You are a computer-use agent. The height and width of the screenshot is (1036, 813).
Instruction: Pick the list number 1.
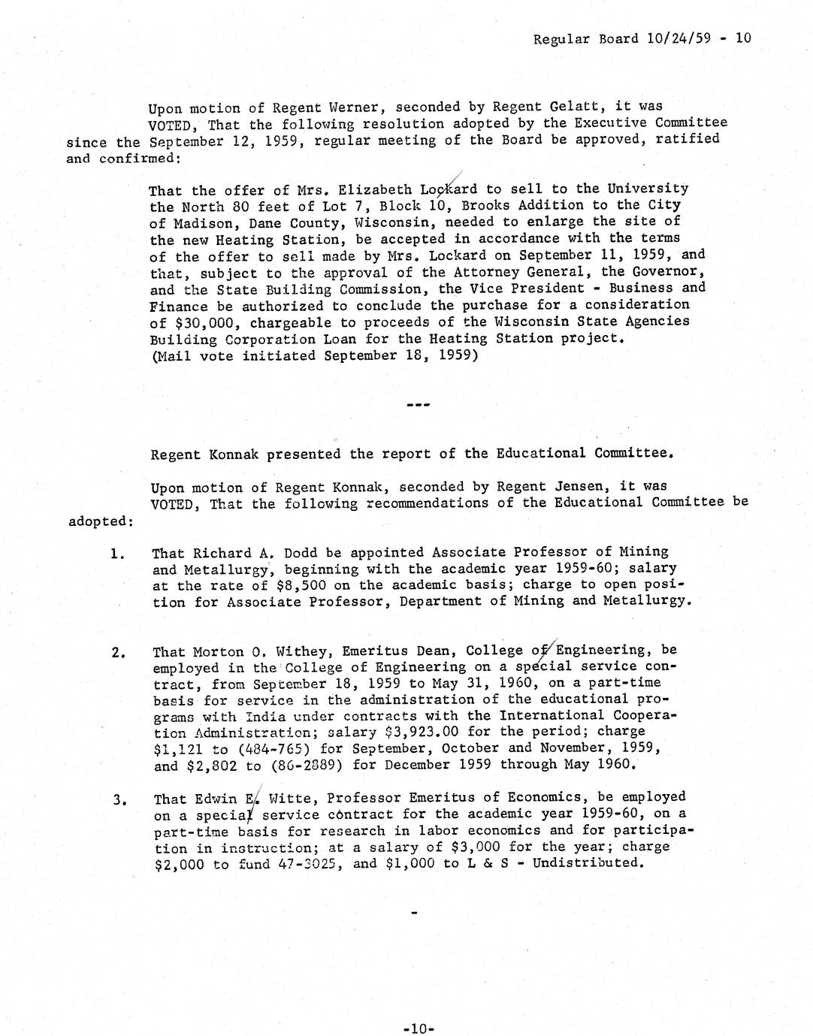click(116, 555)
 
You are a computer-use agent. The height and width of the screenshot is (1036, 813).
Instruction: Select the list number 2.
click(118, 653)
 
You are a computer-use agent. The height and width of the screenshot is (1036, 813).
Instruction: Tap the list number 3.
click(118, 799)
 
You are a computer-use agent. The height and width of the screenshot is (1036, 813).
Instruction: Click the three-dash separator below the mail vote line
click(417, 405)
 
